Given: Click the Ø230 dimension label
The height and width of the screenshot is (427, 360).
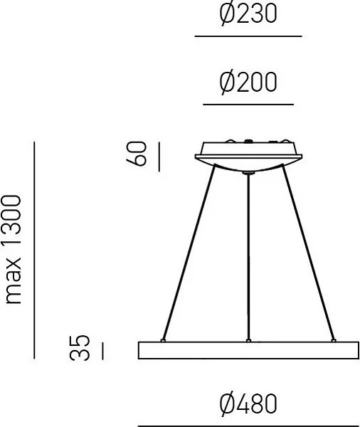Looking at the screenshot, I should click(x=248, y=15).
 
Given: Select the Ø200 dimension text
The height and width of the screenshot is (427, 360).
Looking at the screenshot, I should click(x=248, y=84).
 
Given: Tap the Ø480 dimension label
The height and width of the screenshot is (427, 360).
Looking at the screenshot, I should click(x=248, y=404).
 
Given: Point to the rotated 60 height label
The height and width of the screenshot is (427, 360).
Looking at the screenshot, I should click(x=139, y=154).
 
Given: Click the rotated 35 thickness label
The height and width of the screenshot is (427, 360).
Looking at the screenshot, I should click(x=83, y=349).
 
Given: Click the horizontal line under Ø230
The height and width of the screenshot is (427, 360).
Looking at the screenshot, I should click(x=248, y=36).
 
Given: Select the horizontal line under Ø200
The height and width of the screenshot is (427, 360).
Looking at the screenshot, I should click(x=248, y=105).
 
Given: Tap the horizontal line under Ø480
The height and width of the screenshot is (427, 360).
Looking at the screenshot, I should click(x=248, y=425).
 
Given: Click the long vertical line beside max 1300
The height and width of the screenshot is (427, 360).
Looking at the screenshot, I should click(x=34, y=249).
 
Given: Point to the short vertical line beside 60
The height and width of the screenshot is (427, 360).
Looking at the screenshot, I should click(x=158, y=156).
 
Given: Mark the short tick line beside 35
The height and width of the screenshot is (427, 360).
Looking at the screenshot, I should click(x=102, y=349).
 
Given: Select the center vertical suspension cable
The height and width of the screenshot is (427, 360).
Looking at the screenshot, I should click(x=248, y=256).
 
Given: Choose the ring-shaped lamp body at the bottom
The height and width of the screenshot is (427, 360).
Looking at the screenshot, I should click(x=248, y=350).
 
